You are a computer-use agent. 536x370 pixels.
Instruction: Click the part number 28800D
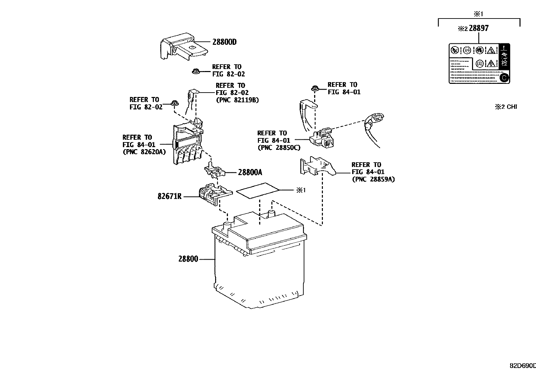click(225, 42)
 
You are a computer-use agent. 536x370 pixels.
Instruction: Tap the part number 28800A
click(250, 172)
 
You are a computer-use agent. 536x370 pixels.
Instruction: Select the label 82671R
click(169, 196)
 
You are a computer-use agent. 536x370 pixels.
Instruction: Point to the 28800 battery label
click(188, 259)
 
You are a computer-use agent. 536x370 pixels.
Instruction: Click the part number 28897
click(478, 28)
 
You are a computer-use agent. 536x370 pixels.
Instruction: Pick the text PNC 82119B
click(237, 100)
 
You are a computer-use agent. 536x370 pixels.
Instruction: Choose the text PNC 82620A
click(144, 152)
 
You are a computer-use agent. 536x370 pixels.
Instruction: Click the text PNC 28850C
click(279, 147)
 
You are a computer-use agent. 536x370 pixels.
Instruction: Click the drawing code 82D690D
click(523, 366)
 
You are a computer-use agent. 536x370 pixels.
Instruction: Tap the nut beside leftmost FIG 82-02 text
click(174, 103)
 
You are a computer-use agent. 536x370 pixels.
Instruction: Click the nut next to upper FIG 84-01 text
click(315, 89)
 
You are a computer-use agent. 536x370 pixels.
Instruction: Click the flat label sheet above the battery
click(258, 190)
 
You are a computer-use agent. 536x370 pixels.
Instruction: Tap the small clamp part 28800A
click(214, 171)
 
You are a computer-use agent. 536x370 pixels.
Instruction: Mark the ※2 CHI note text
click(506, 107)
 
